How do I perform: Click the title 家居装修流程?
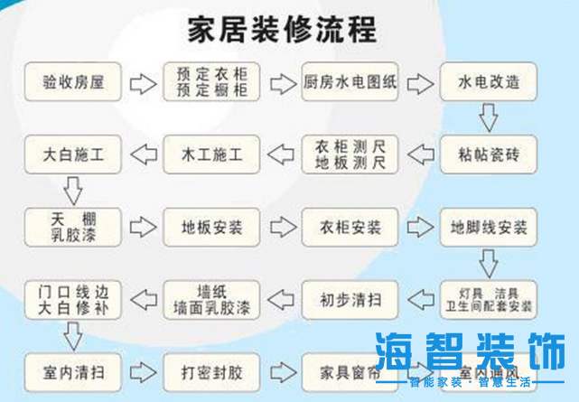(x=281, y=29)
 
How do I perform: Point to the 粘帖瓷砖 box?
(x=489, y=154)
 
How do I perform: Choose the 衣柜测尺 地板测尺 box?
(x=350, y=154)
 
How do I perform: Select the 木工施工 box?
(x=210, y=154)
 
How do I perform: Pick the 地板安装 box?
(x=210, y=225)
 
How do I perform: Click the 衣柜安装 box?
(x=350, y=225)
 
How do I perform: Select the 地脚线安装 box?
(x=489, y=225)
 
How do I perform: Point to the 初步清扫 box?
(x=350, y=296)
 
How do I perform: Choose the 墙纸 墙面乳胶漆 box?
(x=210, y=296)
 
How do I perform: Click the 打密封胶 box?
(x=210, y=370)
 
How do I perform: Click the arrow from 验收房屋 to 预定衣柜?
(x=142, y=84)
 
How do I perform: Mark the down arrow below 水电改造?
(x=489, y=117)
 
